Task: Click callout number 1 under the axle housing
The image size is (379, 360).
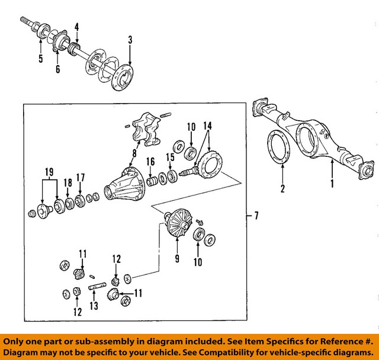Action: [x=332, y=184]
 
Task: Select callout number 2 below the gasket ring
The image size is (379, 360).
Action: [x=283, y=189]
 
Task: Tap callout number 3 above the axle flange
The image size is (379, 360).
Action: [x=130, y=41]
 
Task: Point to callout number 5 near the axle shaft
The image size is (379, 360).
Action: [x=41, y=58]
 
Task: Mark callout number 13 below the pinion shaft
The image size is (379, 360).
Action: [x=93, y=306]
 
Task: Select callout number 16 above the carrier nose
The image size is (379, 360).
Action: [x=151, y=161]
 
